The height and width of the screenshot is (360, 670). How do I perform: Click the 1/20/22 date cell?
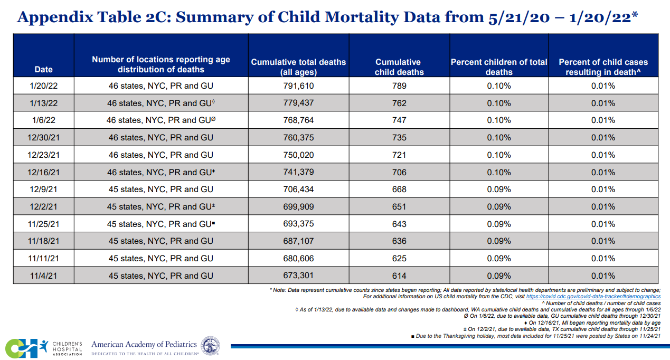pyautogui.click(x=43, y=86)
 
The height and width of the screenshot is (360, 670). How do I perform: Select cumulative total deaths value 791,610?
pyautogui.click(x=298, y=86)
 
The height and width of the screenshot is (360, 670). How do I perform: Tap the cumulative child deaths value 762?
pyautogui.click(x=399, y=103)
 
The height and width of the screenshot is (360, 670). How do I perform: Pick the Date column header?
pyautogui.click(x=43, y=69)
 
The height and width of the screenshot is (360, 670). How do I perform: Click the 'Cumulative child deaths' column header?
pyautogui.click(x=399, y=67)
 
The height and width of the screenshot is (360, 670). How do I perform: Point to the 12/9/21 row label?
pyautogui.click(x=43, y=189)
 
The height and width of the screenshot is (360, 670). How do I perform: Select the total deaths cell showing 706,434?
pyautogui.click(x=298, y=189)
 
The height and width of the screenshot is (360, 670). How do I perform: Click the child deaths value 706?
pyautogui.click(x=399, y=172)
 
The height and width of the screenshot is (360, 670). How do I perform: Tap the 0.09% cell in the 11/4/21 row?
pyautogui.click(x=498, y=276)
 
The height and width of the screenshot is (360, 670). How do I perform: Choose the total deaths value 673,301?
pyautogui.click(x=298, y=276)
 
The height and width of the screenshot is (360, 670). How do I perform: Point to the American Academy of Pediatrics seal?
pyautogui.click(x=211, y=345)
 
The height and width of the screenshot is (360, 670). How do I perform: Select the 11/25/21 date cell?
pyautogui.click(x=43, y=224)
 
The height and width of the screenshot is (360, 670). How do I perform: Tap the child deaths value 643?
pyautogui.click(x=399, y=224)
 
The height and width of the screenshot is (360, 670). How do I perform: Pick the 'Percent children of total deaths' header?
pyautogui.click(x=498, y=67)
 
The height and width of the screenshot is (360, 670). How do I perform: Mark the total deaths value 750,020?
pyautogui.click(x=298, y=155)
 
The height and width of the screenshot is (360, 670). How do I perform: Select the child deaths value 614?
pyautogui.click(x=399, y=276)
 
